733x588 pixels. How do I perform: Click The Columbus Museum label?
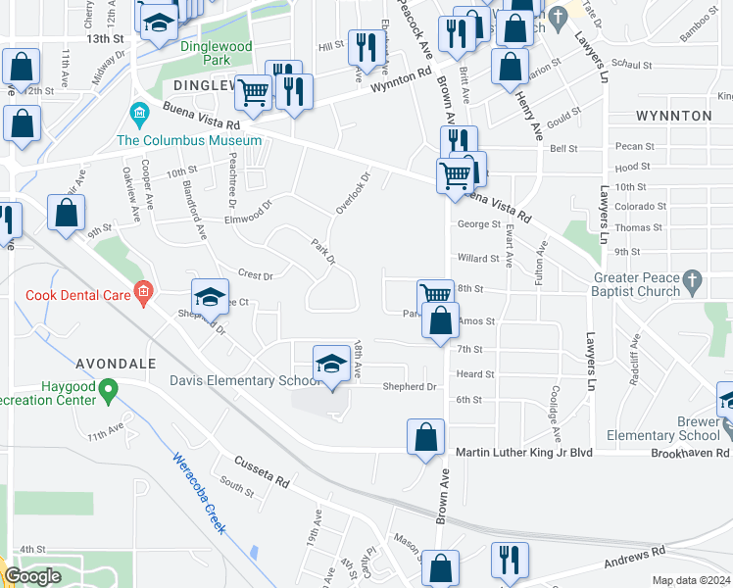tap(189, 140)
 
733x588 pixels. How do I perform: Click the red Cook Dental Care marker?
tap(143, 290)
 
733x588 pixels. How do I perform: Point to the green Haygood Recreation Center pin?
tap(110, 391)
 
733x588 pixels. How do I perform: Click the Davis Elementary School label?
tap(239, 380)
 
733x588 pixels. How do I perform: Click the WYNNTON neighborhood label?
tap(673, 116)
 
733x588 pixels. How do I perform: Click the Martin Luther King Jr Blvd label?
tap(539, 453)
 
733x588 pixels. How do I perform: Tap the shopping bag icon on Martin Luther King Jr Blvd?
tap(425, 437)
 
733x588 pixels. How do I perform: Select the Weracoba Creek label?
tap(200, 491)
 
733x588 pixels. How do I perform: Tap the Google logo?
tap(33, 576)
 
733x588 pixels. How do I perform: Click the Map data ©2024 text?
tap(691, 580)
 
